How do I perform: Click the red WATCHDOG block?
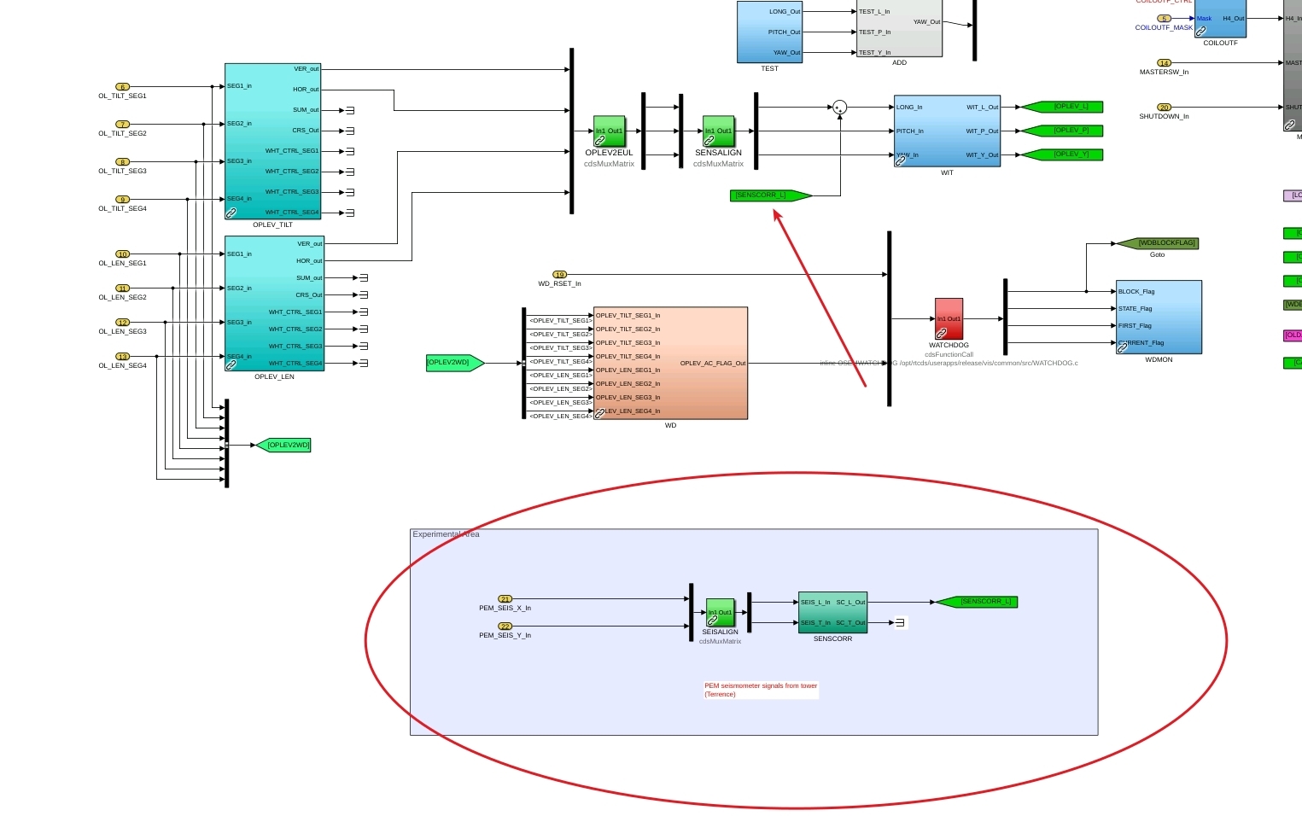coord(949,318)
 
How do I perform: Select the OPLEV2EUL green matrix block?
coord(609,131)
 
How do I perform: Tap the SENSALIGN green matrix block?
coord(718,131)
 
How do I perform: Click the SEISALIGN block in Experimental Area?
coord(720,612)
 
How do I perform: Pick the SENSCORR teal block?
coord(832,612)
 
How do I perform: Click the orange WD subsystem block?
coord(670,363)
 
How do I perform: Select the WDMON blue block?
coord(1159,317)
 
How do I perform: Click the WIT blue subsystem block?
coord(947,131)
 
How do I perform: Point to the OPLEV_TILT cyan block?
coord(272,141)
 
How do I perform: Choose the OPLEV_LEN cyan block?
coord(274,303)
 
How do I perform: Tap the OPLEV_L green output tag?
coord(1067,107)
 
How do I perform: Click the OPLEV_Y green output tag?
coord(1067,154)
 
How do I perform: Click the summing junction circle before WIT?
coord(840,108)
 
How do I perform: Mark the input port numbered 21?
coord(505,599)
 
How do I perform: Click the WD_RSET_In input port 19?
coord(559,275)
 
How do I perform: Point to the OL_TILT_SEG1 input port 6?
coord(122,87)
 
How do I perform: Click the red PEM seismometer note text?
coord(760,690)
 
